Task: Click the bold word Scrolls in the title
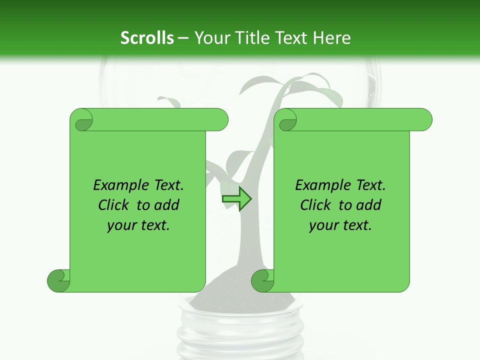point(147,38)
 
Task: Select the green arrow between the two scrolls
point(237,199)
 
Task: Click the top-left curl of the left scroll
point(82,120)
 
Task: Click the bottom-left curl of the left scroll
point(58,280)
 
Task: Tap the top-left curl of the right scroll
point(287,120)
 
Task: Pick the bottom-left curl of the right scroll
point(262,280)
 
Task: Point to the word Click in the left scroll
point(114,205)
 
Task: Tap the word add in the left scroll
point(166,205)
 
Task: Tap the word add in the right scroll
point(368,205)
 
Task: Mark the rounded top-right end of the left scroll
point(220,120)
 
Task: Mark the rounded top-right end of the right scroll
point(424,120)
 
